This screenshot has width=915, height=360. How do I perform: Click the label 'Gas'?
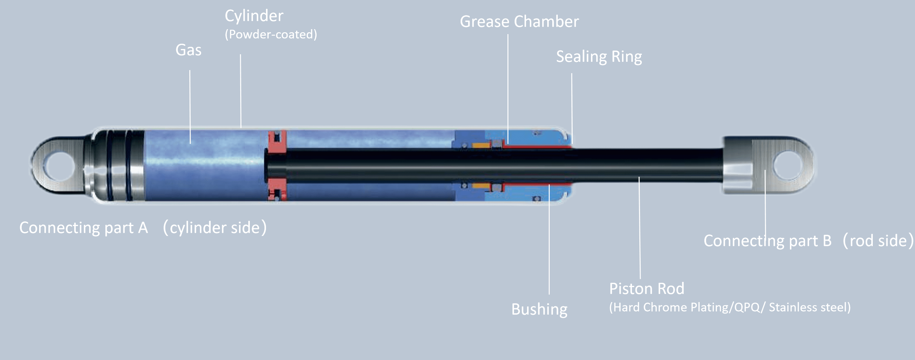[188, 50]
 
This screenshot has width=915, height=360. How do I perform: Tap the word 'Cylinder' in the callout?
[254, 16]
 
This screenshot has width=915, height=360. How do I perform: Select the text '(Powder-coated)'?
[271, 34]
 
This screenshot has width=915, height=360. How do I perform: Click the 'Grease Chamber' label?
[519, 22]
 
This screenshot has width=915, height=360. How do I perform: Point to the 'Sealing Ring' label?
[599, 57]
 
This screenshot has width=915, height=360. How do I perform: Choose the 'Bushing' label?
[539, 309]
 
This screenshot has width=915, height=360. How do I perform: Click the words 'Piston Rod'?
[647, 289]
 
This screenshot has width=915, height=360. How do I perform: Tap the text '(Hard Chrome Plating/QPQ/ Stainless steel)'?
[730, 307]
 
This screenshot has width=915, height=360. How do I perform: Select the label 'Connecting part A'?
[83, 228]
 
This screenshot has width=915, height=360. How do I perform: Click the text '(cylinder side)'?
[214, 228]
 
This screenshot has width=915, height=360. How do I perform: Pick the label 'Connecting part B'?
[767, 241]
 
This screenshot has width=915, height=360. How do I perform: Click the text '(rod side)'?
[877, 241]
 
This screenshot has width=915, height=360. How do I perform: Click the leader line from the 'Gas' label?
[190, 106]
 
